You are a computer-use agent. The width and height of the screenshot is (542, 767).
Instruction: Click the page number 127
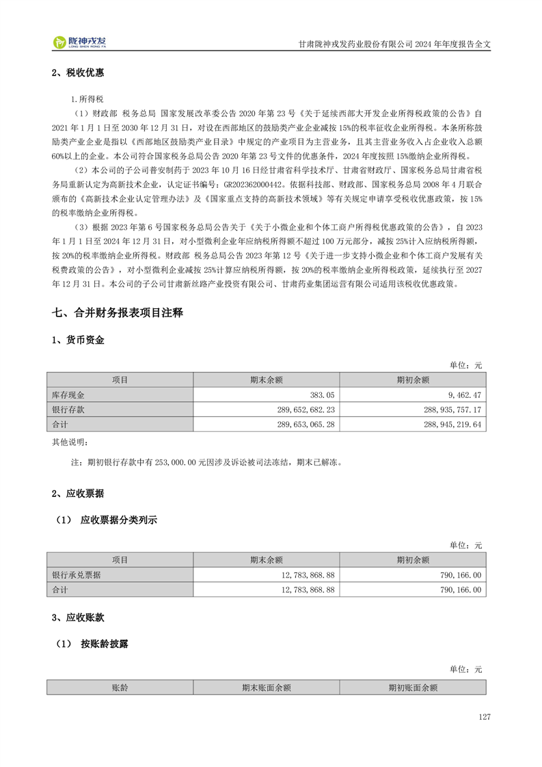tap(485, 716)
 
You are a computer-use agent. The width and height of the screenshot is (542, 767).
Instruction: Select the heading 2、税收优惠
tap(78, 73)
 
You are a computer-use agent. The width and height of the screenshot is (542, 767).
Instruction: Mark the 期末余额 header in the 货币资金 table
tap(267, 380)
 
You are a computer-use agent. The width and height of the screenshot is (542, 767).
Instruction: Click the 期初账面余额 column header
tap(412, 688)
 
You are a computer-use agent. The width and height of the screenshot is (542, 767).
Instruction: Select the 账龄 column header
tap(120, 688)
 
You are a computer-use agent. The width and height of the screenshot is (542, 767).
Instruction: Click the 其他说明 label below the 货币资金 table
tap(70, 442)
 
